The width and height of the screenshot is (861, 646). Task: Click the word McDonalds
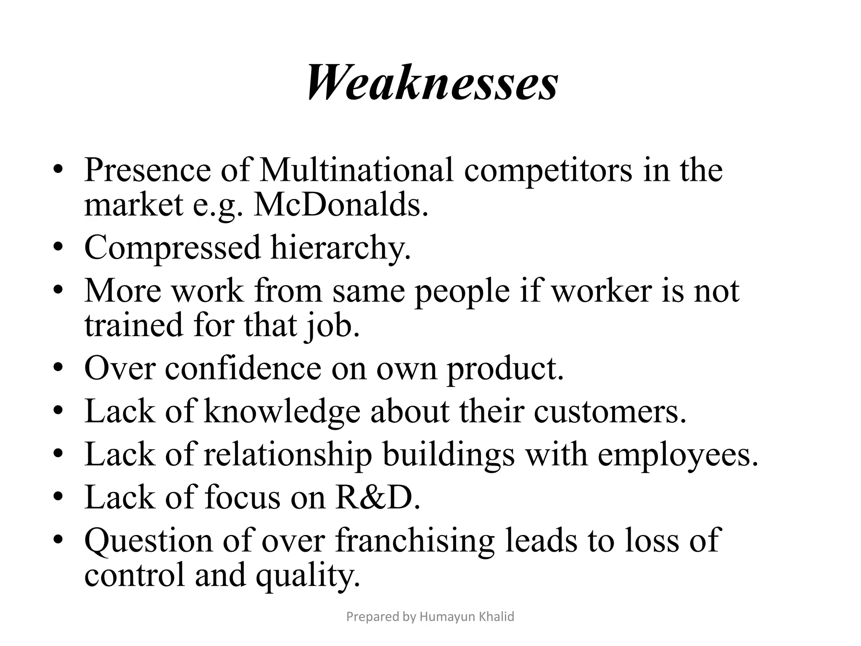click(341, 204)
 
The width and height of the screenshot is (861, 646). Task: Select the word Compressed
click(172, 247)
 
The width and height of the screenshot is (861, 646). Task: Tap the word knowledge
click(282, 411)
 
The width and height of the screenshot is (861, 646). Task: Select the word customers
click(610, 411)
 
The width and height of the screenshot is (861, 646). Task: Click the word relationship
click(288, 455)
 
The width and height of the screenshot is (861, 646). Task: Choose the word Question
click(148, 541)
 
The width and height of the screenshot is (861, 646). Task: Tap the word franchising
click(415, 541)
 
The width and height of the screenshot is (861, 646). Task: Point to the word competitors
click(548, 170)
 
